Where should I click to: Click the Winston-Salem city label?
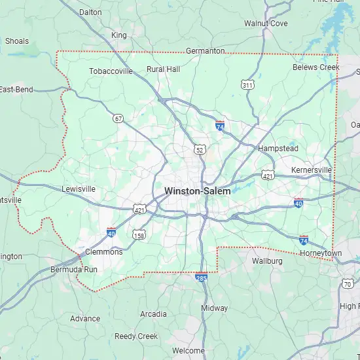click(x=197, y=190)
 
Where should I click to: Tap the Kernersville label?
click(x=312, y=170)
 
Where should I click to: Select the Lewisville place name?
click(x=79, y=189)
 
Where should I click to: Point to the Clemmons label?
click(x=103, y=251)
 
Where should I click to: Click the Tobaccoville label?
click(x=110, y=71)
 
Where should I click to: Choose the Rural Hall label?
click(x=163, y=69)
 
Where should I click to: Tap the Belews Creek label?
click(x=316, y=67)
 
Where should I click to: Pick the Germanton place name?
click(x=205, y=50)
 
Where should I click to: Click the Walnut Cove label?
click(x=266, y=24)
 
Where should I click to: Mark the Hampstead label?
click(x=278, y=149)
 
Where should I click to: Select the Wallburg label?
click(x=267, y=261)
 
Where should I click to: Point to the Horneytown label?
click(x=321, y=253)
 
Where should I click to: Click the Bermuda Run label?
click(x=74, y=269)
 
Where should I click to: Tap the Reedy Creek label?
click(x=136, y=336)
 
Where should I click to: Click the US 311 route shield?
click(x=247, y=85)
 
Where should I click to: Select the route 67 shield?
click(x=118, y=118)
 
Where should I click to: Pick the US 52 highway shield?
click(x=200, y=150)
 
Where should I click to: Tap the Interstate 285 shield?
click(x=202, y=278)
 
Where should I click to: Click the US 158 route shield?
click(x=139, y=234)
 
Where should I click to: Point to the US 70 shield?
click(x=348, y=283)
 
